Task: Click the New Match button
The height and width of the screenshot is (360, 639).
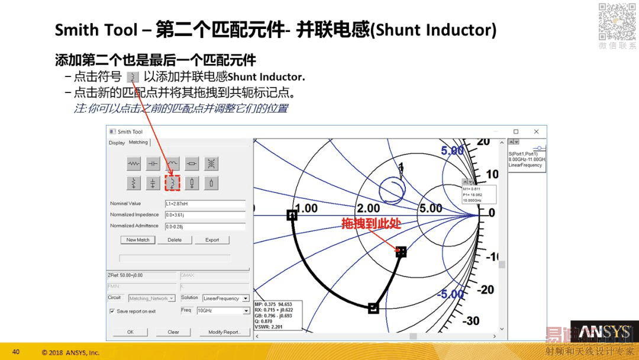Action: (x=138, y=240)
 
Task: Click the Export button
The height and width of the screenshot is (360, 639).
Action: (x=212, y=240)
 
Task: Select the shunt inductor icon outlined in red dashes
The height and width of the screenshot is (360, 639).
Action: (x=172, y=183)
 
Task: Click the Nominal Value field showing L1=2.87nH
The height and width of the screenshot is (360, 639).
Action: (x=205, y=204)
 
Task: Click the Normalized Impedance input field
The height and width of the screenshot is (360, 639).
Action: (x=205, y=215)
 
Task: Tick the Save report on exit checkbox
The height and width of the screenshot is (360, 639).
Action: (x=112, y=311)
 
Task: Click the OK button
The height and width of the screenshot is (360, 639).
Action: (x=130, y=332)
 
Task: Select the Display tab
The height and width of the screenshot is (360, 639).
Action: (x=117, y=143)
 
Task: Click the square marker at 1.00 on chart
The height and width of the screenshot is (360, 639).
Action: (x=292, y=216)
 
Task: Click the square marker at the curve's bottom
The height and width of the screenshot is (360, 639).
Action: (x=373, y=308)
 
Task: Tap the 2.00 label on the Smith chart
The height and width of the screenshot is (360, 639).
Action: (x=368, y=208)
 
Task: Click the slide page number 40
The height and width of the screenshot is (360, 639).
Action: (x=16, y=352)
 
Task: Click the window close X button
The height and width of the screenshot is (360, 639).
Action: (x=536, y=131)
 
